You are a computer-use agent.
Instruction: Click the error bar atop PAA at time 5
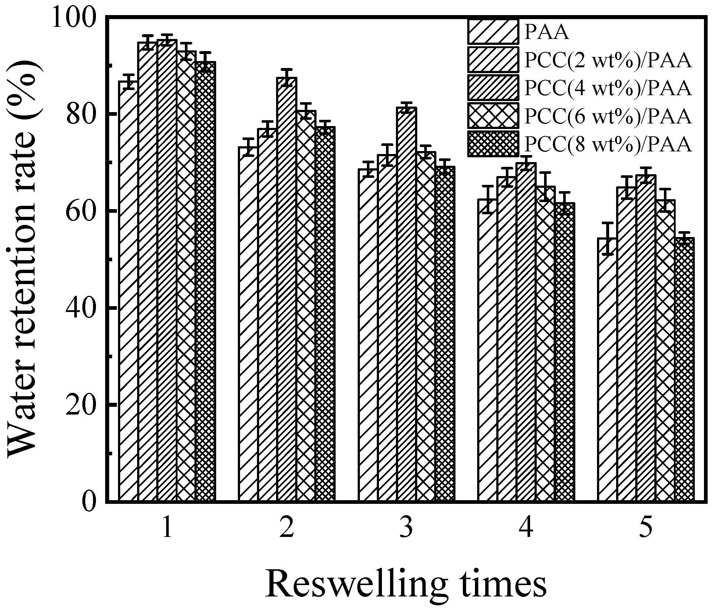pyautogui.click(x=607, y=239)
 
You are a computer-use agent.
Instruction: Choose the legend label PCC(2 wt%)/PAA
pyautogui.click(x=608, y=61)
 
